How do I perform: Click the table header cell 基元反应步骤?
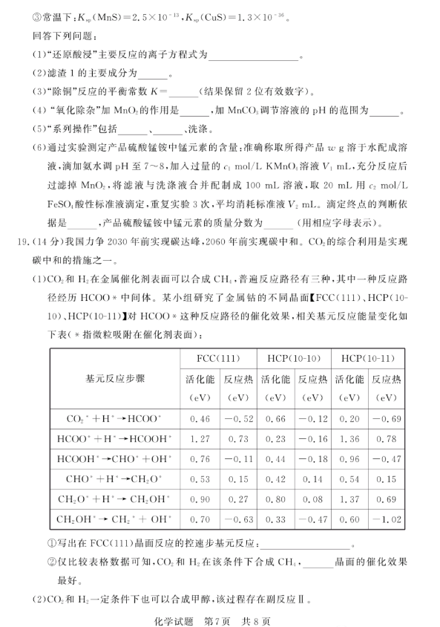click(x=116, y=377)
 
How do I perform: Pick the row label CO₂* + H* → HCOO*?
click(x=115, y=418)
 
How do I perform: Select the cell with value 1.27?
click(x=199, y=438)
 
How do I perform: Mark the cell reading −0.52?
click(x=237, y=418)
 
